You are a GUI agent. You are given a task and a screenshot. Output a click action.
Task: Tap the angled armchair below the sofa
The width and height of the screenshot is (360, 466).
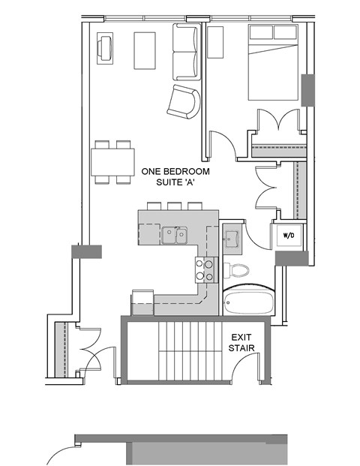pos(184,102)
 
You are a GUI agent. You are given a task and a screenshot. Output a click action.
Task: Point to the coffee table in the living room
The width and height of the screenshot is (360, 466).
pos(144,51)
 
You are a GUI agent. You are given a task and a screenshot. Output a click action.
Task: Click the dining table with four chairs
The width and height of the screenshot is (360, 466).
pos(112,161)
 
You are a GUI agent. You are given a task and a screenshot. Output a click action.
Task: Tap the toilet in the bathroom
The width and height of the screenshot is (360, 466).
pos(238,272)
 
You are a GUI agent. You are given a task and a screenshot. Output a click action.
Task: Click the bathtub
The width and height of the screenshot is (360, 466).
pos(249,302)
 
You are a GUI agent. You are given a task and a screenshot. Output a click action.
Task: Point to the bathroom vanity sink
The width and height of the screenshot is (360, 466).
pos(231,239)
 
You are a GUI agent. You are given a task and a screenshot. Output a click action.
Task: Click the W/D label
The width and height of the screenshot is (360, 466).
pos(288,236)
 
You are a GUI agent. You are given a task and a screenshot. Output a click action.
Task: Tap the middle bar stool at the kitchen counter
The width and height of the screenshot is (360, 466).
pos(175,206)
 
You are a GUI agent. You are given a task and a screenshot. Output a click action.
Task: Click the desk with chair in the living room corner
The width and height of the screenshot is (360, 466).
pos(104,49)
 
